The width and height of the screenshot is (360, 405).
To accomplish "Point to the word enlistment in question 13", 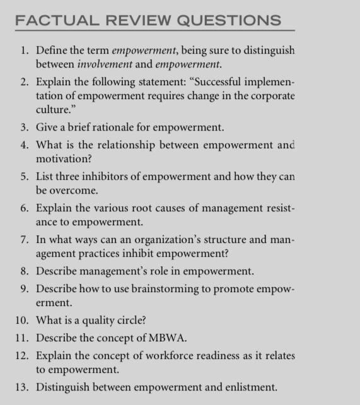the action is [x=249, y=387].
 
